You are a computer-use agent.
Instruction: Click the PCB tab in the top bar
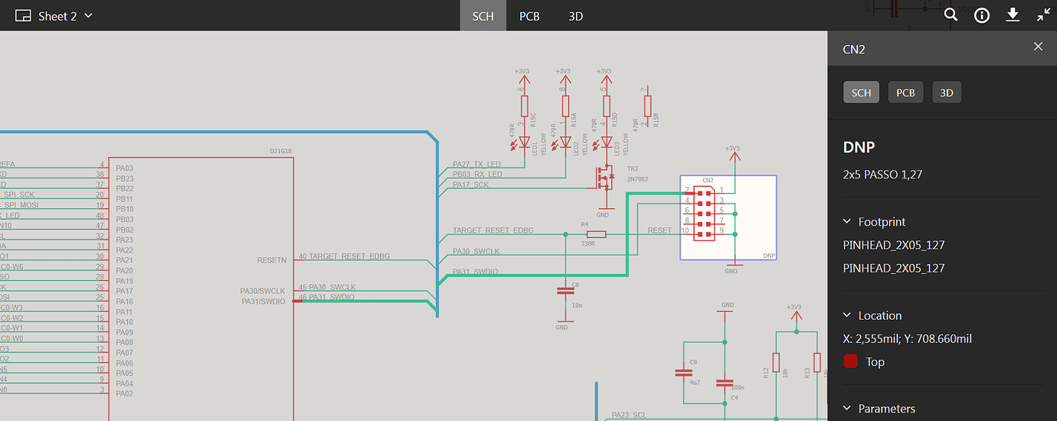pyautogui.click(x=529, y=16)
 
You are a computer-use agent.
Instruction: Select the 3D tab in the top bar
pyautogui.click(x=576, y=16)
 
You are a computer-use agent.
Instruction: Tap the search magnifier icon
pyautogui.click(x=951, y=15)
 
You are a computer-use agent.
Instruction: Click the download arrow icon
pyautogui.click(x=1013, y=15)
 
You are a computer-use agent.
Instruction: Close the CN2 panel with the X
pyautogui.click(x=1038, y=47)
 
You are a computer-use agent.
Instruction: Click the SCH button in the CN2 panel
pyautogui.click(x=861, y=93)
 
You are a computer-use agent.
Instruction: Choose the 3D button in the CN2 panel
pyautogui.click(x=947, y=93)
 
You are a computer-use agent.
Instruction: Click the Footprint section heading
pyautogui.click(x=881, y=222)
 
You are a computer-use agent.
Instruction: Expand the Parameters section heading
pyautogui.click(x=886, y=409)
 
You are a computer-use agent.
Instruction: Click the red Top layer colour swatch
pyautogui.click(x=850, y=362)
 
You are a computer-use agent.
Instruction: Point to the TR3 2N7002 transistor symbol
pyautogui.click(x=604, y=178)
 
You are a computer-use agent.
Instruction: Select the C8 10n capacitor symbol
pyautogui.click(x=565, y=291)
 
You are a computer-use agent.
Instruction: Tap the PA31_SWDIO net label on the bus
pyautogui.click(x=476, y=272)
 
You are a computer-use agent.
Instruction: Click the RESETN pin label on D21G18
pyautogui.click(x=272, y=260)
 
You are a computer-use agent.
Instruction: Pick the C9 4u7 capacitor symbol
pyautogui.click(x=683, y=373)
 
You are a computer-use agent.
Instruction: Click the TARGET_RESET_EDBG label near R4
pyautogui.click(x=493, y=230)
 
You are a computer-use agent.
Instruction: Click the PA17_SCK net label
pyautogui.click(x=470, y=184)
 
